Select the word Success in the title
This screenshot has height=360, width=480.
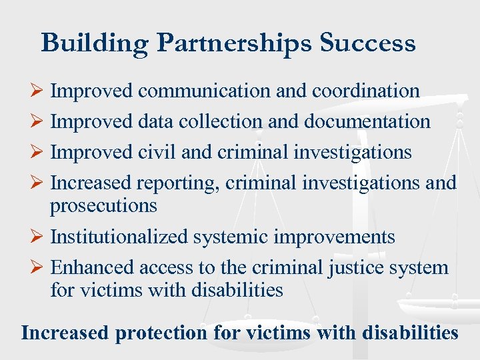[367, 43]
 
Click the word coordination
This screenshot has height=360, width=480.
[362, 91]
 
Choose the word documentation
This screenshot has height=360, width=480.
[367, 121]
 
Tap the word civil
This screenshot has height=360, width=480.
[157, 152]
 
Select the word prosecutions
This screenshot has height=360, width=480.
[103, 205]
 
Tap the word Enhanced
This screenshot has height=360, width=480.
[91, 267]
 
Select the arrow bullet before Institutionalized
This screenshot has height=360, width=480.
[37, 237]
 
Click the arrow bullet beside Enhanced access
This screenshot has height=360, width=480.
[37, 267]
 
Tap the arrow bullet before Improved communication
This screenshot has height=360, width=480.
[37, 91]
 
